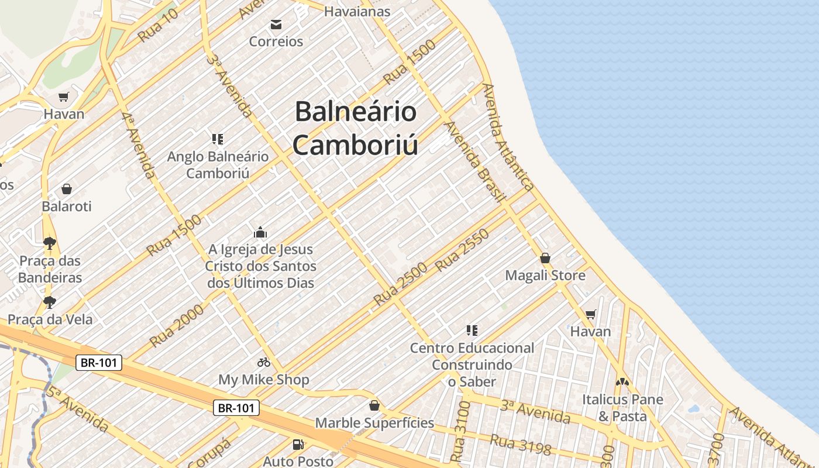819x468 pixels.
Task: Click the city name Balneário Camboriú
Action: pos(355,128)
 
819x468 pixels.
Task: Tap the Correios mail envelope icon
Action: pos(276,25)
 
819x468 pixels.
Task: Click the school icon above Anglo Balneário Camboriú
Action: pos(218,139)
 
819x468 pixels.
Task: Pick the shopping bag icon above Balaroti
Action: pos(67,189)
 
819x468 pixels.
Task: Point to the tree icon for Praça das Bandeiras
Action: pos(50,243)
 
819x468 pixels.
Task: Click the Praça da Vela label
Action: pos(50,319)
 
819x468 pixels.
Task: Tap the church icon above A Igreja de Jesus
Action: pos(260,232)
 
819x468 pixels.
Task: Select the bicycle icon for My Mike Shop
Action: pos(264,362)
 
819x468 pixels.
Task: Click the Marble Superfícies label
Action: pos(374,422)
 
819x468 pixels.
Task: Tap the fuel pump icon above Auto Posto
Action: pos(298,445)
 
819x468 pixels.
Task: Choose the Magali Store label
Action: pos(545,275)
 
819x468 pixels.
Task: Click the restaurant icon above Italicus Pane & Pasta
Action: pos(622,382)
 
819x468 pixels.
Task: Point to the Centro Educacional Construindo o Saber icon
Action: pos(472,331)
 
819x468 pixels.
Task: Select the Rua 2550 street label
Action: pos(462,250)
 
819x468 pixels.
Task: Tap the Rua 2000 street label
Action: pos(177,325)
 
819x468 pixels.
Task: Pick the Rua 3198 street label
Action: pos(521,445)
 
